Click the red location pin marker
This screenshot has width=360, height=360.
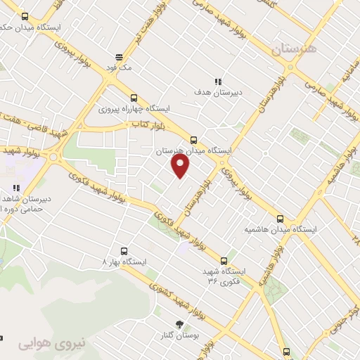coord(181,166)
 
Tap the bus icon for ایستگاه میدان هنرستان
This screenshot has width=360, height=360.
coord(194,139)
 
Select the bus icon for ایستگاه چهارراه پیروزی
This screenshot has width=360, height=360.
coord(134,98)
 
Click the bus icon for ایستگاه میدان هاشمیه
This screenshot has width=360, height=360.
coord(281,219)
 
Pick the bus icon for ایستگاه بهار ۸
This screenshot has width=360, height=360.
coord(124,250)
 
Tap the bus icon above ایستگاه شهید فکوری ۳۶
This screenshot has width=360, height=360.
coord(224,260)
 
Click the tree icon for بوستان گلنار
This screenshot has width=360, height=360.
coord(179,324)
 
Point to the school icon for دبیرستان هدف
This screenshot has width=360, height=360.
coord(219,81)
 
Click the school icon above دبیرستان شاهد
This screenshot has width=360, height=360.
coord(15,188)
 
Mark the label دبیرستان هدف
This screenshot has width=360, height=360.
coord(219,92)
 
